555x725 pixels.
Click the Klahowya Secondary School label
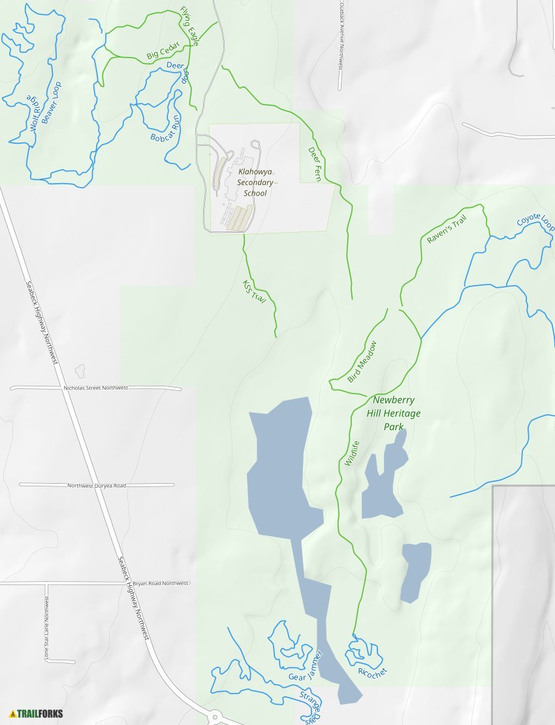tap(255, 182)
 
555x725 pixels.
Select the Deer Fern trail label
tap(314, 164)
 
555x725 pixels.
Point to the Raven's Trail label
tap(447, 230)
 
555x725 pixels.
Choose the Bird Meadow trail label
tap(362, 362)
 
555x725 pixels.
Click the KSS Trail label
tap(255, 292)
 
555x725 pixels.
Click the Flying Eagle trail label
tap(190, 27)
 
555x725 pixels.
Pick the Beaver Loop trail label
tap(51, 102)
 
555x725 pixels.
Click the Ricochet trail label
tap(373, 671)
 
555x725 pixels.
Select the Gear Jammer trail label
tap(306, 666)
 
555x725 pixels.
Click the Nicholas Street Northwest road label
tap(95, 388)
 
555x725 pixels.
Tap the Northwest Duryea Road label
tap(97, 485)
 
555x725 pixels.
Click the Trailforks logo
tap(37, 713)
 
